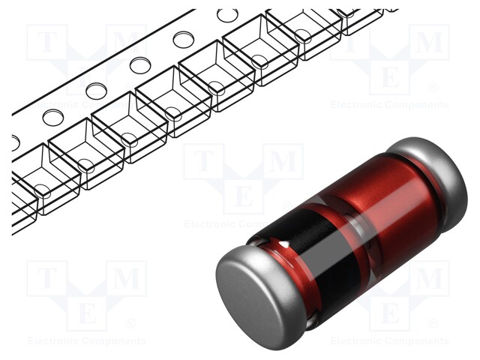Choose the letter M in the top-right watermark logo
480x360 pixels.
[x=430, y=42]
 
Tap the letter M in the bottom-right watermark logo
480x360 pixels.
[x=430, y=278]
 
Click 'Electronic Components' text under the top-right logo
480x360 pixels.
[x=390, y=105]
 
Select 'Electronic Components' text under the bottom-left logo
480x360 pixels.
[x=87, y=341]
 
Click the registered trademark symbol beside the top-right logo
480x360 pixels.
[x=433, y=88]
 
